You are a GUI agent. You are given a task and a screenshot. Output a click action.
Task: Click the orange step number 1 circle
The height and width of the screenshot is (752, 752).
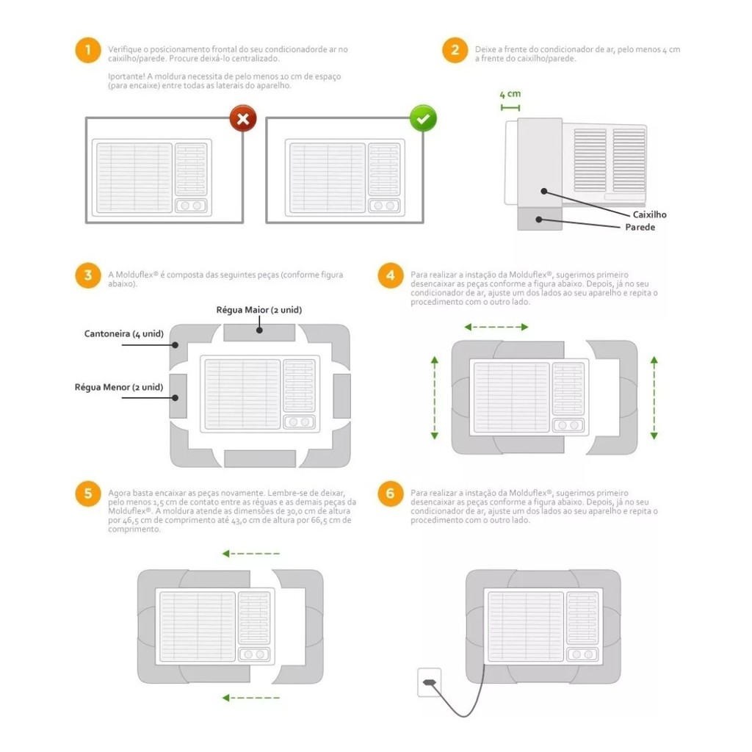point(88,50)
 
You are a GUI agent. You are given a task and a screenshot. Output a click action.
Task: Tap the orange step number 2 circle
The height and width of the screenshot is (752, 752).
point(455,50)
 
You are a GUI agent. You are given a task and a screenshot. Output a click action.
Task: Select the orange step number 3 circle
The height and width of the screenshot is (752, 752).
point(88,275)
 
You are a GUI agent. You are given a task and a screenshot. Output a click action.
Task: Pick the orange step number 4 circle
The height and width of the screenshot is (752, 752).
point(391,275)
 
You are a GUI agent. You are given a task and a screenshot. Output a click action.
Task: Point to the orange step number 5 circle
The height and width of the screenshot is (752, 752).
point(88,493)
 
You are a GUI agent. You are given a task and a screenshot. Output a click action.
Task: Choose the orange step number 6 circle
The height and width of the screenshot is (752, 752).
point(391,493)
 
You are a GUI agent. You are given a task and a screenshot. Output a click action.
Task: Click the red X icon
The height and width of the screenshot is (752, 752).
point(242,118)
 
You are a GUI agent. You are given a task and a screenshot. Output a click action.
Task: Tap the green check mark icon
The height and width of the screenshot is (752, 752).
point(423,118)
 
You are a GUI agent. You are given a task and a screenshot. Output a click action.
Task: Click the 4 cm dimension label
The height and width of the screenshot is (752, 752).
point(510,94)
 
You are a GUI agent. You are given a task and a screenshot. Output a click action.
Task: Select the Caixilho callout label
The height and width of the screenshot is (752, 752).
point(649,214)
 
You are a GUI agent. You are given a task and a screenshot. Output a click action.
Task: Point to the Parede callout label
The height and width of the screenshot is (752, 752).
point(640,227)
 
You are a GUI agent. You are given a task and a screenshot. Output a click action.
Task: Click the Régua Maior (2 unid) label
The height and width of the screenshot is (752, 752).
point(259,310)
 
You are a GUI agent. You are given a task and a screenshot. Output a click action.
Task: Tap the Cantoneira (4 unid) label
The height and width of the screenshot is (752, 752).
point(123,334)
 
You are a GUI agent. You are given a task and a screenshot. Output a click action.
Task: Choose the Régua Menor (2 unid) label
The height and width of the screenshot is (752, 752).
point(119,387)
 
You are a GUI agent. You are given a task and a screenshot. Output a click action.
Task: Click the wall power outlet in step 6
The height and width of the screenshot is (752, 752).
point(429,682)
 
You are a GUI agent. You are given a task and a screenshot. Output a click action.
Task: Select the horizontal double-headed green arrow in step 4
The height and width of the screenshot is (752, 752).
point(496,327)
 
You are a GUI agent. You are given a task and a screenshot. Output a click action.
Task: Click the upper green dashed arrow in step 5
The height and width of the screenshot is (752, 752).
point(251,554)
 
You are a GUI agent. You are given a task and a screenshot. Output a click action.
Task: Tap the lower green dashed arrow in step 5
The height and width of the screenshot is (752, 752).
point(251,698)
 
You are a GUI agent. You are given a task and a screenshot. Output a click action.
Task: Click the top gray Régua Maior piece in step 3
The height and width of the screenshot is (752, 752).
point(259,333)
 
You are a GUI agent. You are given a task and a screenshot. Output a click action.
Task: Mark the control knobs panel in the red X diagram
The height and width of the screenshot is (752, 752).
point(191,206)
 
